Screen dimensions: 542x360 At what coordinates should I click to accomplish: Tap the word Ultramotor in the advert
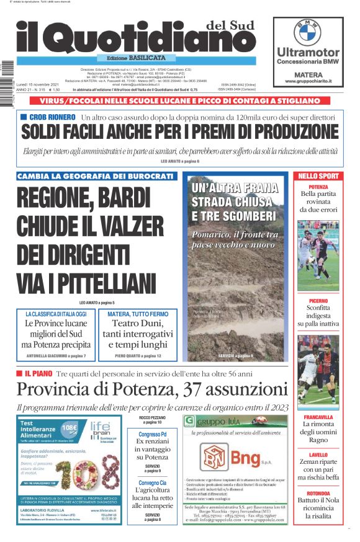[308, 52]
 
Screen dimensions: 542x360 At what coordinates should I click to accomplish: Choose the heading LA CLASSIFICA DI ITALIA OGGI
[56, 314]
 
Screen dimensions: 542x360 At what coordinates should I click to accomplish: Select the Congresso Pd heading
[153, 434]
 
